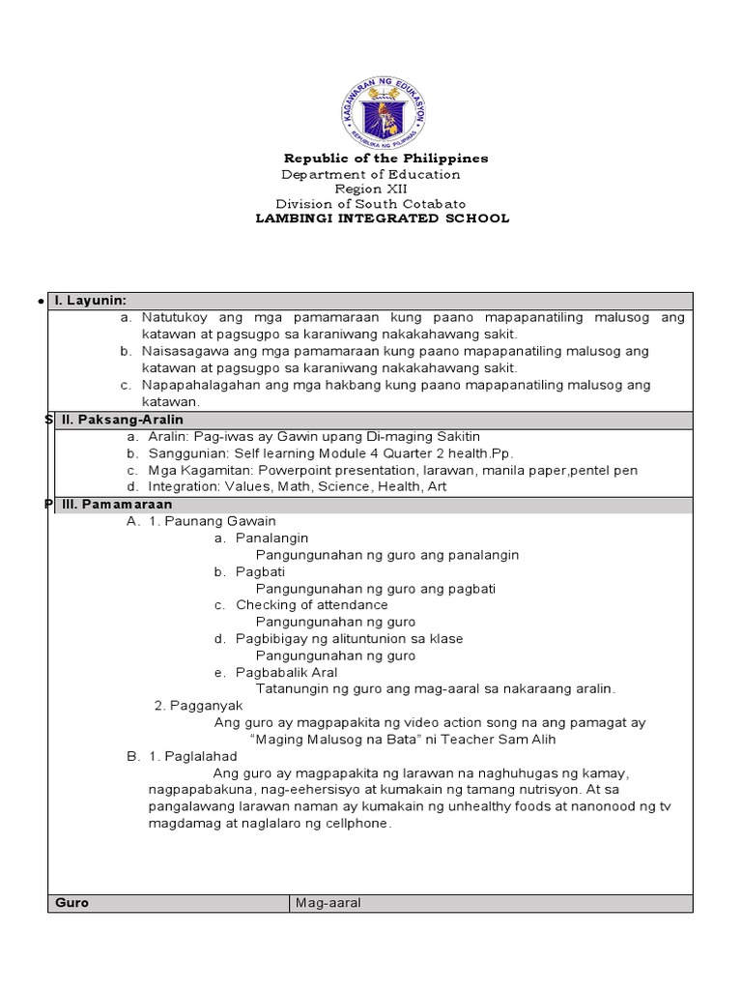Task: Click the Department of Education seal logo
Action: (385, 106)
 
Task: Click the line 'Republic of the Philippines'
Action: (385, 158)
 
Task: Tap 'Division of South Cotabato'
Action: (370, 204)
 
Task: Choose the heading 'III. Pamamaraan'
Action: (112, 505)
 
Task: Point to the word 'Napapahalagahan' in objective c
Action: (196, 385)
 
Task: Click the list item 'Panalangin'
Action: (272, 538)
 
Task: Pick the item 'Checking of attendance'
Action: (312, 605)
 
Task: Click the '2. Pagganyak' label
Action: (192, 706)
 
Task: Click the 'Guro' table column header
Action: (72, 903)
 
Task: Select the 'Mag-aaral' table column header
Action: (328, 903)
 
